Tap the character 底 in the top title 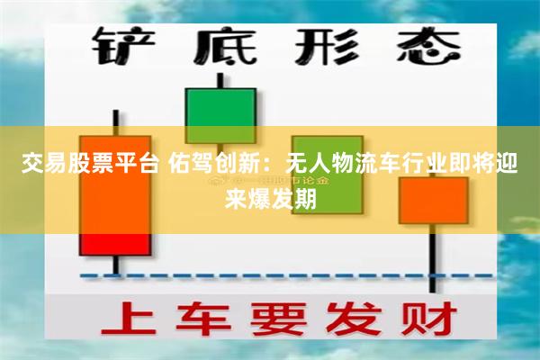220,45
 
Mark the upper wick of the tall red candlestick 114,122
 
